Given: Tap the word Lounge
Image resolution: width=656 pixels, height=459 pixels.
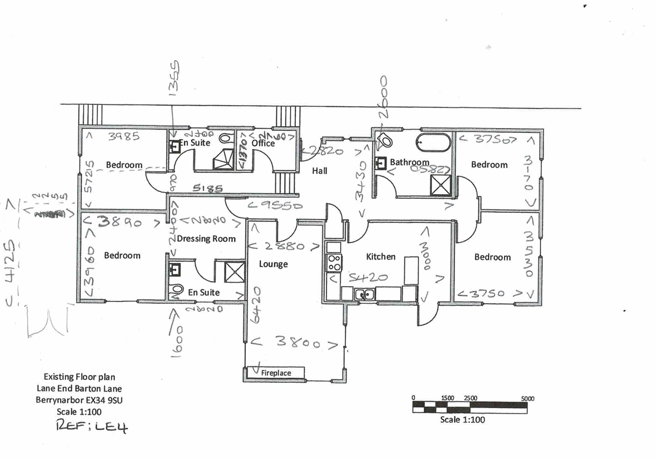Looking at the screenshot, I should click(x=273, y=264).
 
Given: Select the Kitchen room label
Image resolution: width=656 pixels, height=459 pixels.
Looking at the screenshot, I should click(x=381, y=257).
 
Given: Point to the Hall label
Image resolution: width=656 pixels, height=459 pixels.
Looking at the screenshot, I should click(x=319, y=171).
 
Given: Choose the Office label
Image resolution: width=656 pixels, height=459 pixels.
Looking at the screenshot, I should click(x=263, y=143).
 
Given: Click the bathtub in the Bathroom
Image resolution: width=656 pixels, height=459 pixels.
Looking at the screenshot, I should click(x=433, y=142).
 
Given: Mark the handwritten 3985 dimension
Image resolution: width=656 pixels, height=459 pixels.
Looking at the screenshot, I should click(x=124, y=137).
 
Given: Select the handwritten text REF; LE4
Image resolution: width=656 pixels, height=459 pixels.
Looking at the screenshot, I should click(x=91, y=427).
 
